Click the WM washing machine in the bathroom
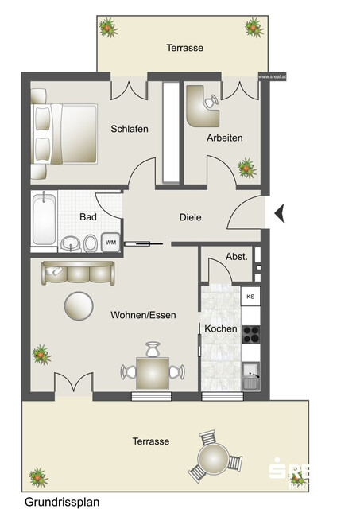(110, 242)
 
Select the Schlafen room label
(130, 129)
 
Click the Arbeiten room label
(224, 138)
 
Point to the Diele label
(191, 217)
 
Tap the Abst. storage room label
(237, 257)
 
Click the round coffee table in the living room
(78, 305)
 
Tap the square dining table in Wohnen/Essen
(153, 371)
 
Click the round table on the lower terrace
(213, 460)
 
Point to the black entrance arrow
(278, 212)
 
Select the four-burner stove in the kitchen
(250, 334)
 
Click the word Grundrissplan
(62, 502)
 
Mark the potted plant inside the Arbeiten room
(246, 168)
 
